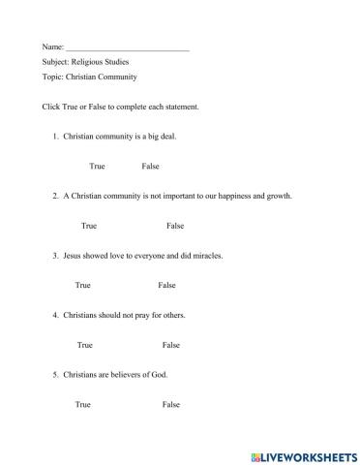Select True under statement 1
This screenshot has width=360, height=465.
click(97, 166)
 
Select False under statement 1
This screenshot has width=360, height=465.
click(150, 166)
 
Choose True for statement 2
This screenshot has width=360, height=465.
click(89, 226)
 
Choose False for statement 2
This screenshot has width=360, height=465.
click(174, 226)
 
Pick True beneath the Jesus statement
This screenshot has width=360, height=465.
click(82, 286)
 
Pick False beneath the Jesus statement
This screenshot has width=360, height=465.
click(166, 286)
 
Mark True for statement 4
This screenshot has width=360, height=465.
click(85, 345)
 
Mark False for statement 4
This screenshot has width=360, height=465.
click(171, 345)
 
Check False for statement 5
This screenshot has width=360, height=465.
click(171, 404)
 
